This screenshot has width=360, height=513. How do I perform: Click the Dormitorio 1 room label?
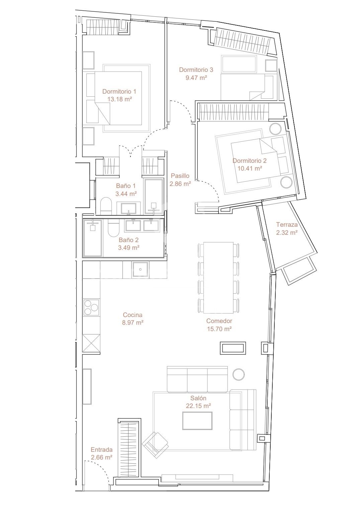point(119,91)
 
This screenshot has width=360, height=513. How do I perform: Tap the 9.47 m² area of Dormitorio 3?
point(196,78)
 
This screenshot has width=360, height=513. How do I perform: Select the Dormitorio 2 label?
point(249,161)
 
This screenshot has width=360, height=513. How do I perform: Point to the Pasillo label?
point(180,176)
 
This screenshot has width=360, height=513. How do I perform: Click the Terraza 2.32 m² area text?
point(287,233)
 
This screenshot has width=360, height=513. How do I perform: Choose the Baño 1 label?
point(126,186)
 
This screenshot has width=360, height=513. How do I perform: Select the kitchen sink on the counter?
point(140,270)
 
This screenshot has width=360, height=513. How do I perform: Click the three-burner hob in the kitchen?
point(91,307)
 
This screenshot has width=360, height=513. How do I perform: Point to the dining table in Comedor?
point(218,278)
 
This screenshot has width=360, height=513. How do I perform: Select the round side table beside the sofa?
point(238,374)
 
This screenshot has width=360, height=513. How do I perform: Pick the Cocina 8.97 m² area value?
point(133,322)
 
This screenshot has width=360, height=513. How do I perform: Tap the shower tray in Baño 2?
point(93,238)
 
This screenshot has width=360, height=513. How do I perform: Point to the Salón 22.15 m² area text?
point(198,406)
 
